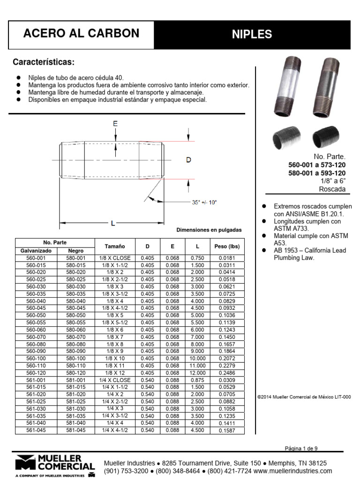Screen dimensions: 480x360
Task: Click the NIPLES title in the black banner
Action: tap(252, 34)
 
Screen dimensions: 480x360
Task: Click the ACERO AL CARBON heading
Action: tap(81, 33)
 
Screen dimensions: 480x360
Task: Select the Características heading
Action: tap(44, 62)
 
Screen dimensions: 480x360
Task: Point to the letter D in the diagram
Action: tap(188, 160)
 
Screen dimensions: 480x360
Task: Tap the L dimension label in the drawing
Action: tap(112, 224)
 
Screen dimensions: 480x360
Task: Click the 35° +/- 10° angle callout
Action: tap(205, 202)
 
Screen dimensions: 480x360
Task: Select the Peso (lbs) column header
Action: tap(227, 246)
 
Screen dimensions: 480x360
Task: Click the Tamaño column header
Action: tap(115, 246)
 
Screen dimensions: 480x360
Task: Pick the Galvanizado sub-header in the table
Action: tap(36, 251)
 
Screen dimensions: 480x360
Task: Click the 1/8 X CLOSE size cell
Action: tap(115, 258)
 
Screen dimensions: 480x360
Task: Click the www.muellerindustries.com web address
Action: tap(293, 471)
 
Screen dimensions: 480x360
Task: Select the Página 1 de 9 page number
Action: tap(304, 448)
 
